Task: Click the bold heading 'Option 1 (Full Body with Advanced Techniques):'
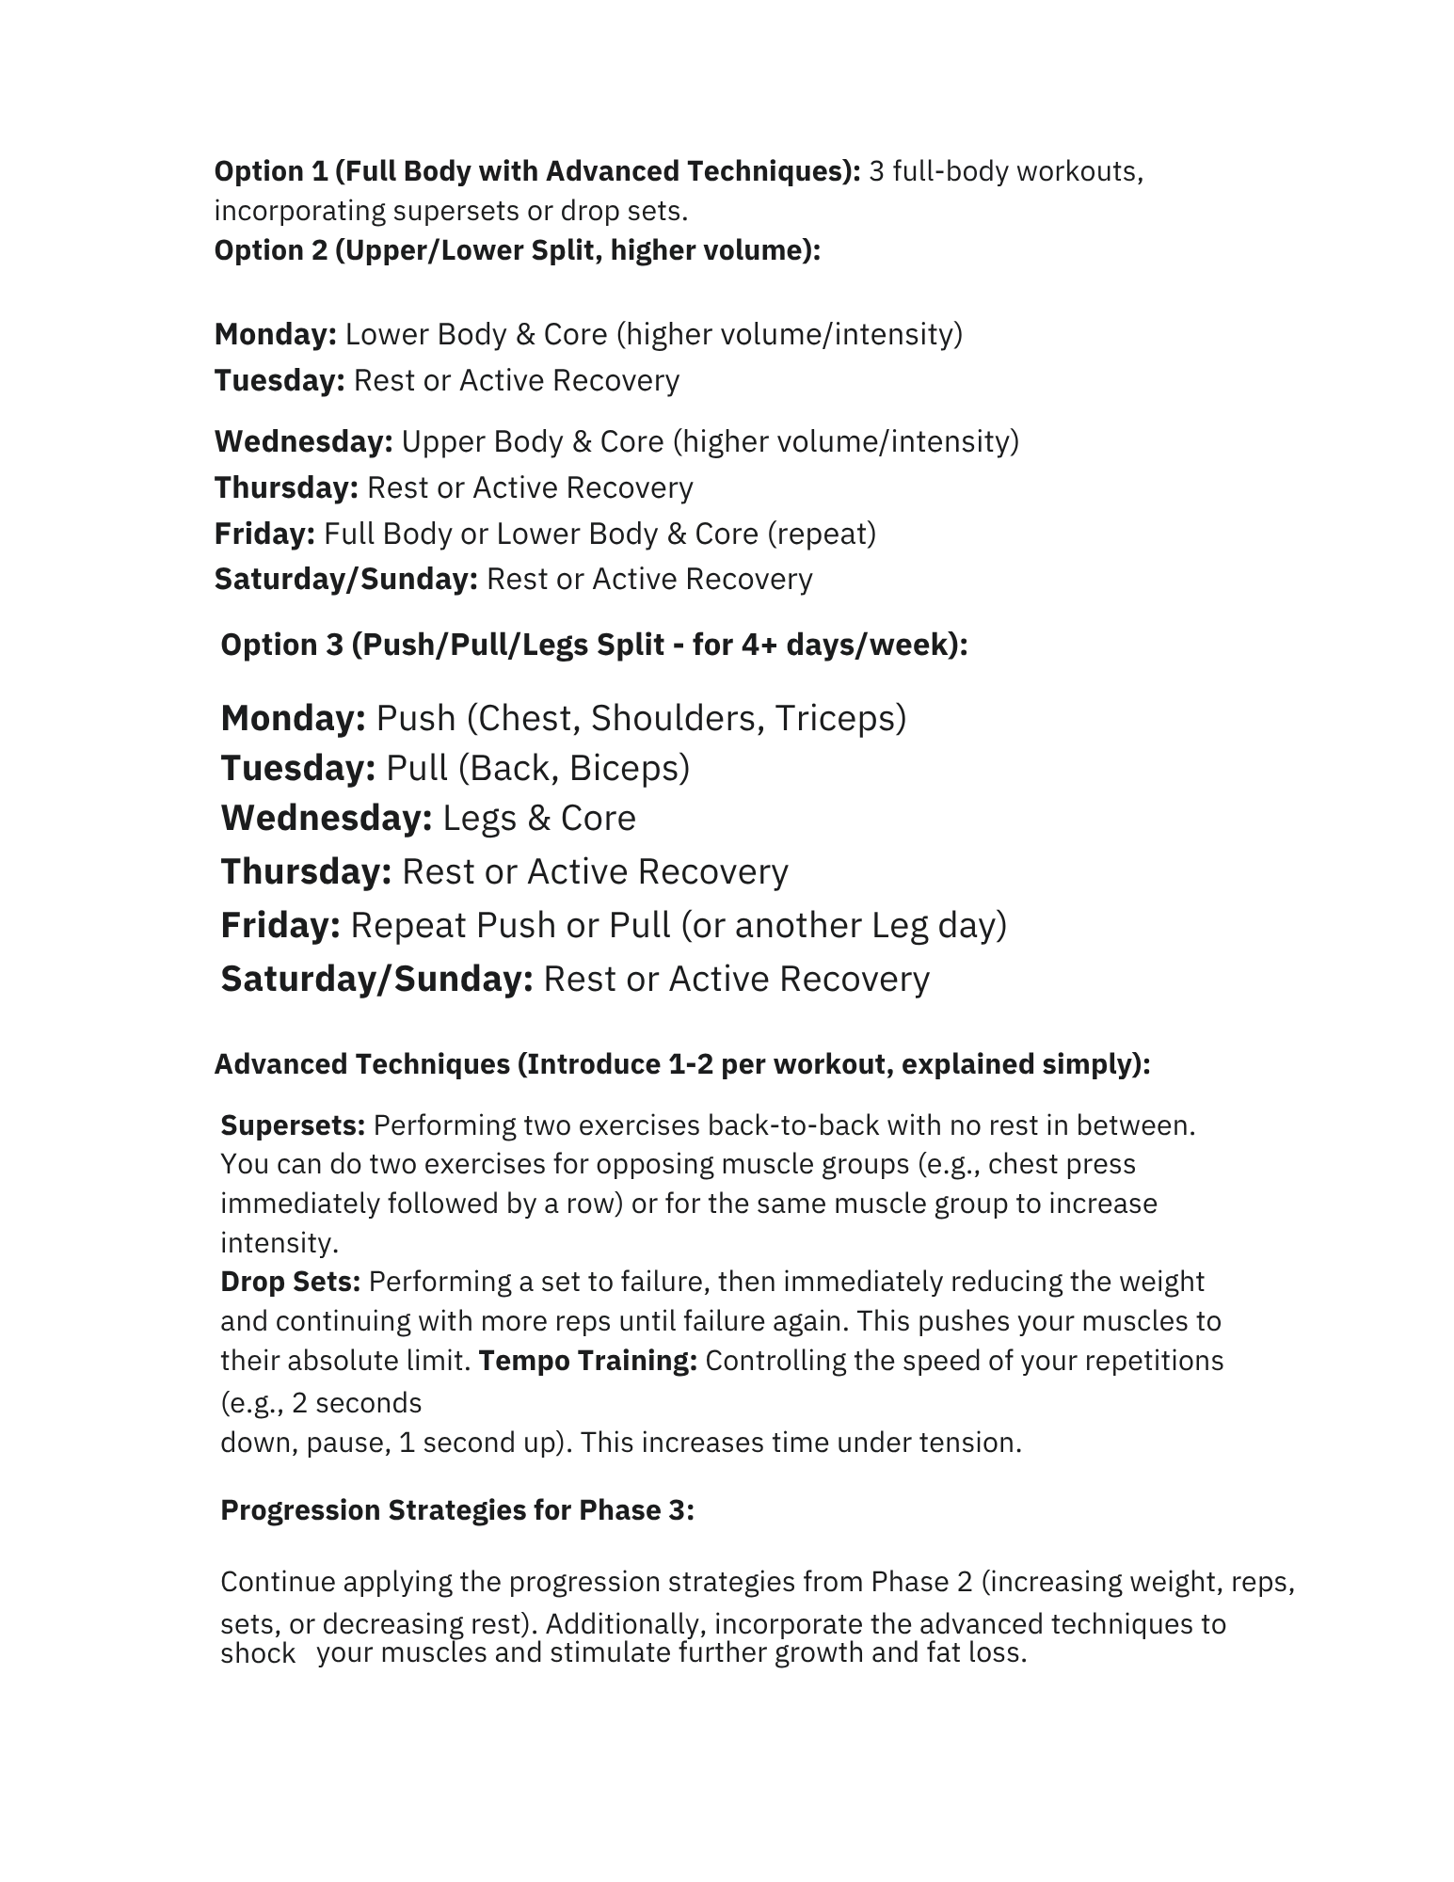(x=536, y=171)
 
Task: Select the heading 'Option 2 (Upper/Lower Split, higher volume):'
(x=517, y=250)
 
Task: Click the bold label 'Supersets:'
(x=293, y=1124)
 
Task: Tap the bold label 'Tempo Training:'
(x=587, y=1361)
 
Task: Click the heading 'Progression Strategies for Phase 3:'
(x=456, y=1509)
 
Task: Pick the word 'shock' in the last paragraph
(x=257, y=1653)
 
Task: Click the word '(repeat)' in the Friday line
(x=822, y=534)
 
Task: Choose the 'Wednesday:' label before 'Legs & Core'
(x=326, y=818)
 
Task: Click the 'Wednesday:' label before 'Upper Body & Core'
(x=303, y=441)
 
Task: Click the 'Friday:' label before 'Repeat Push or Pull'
(x=280, y=925)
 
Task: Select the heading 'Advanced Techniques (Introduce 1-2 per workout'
(x=681, y=1064)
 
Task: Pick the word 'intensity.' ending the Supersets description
(x=279, y=1243)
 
